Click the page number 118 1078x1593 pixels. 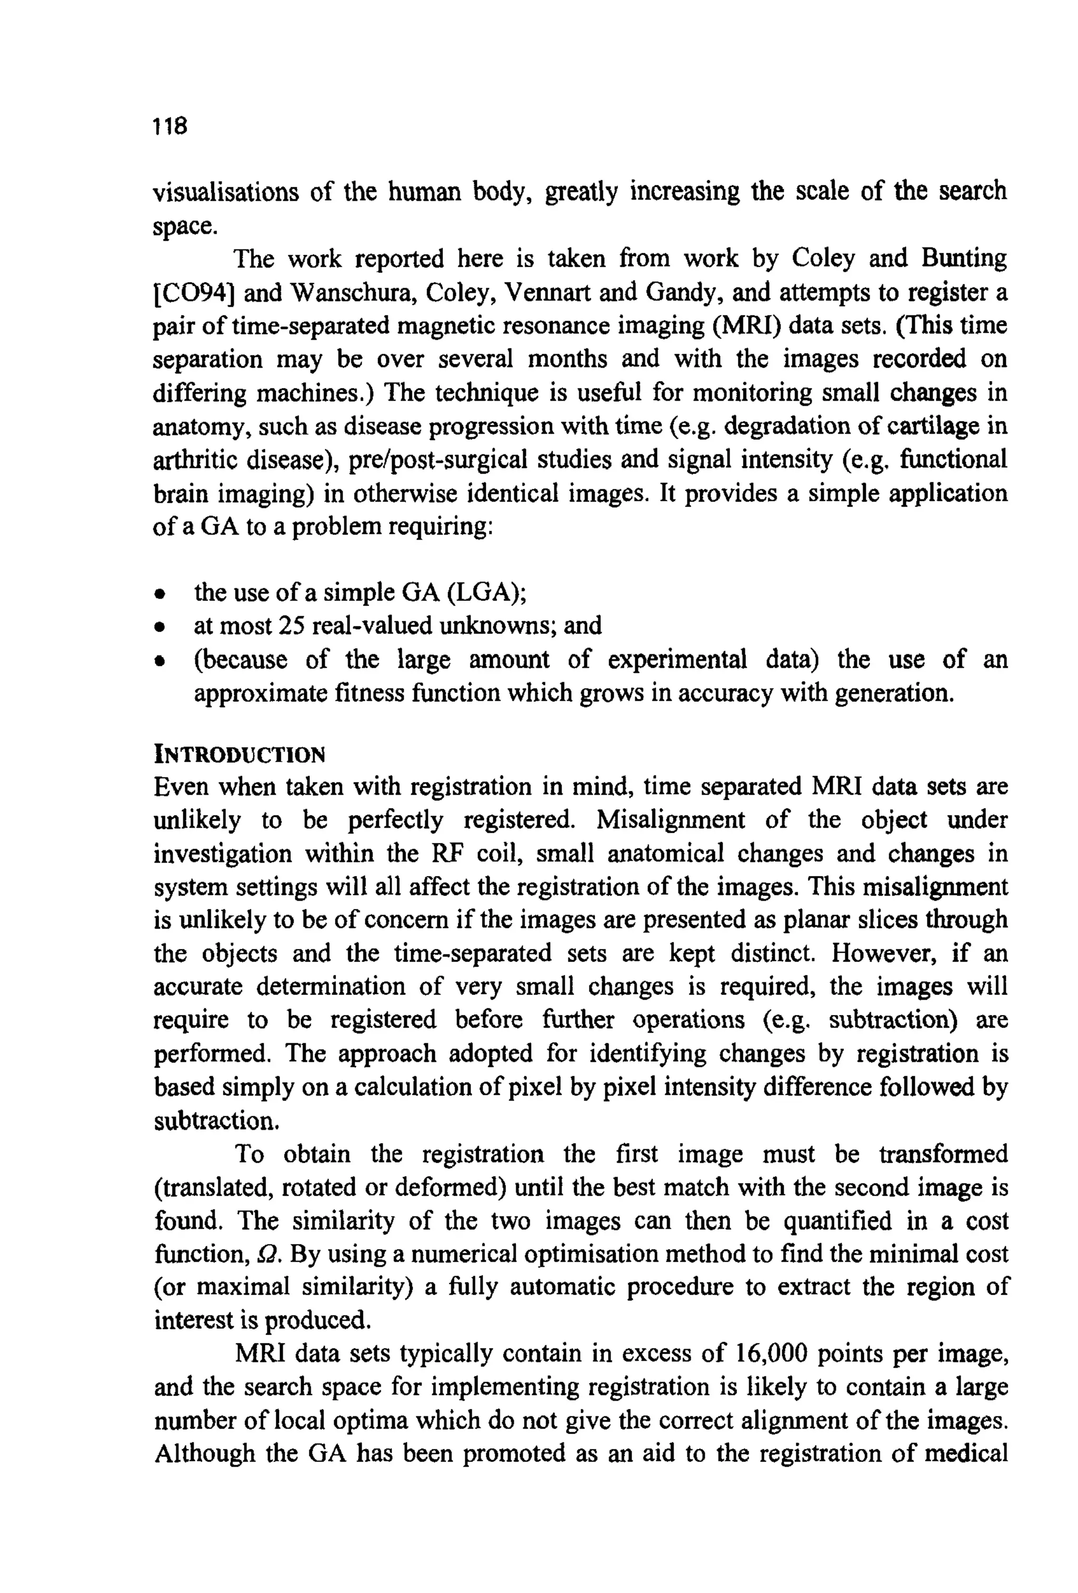[170, 126]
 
